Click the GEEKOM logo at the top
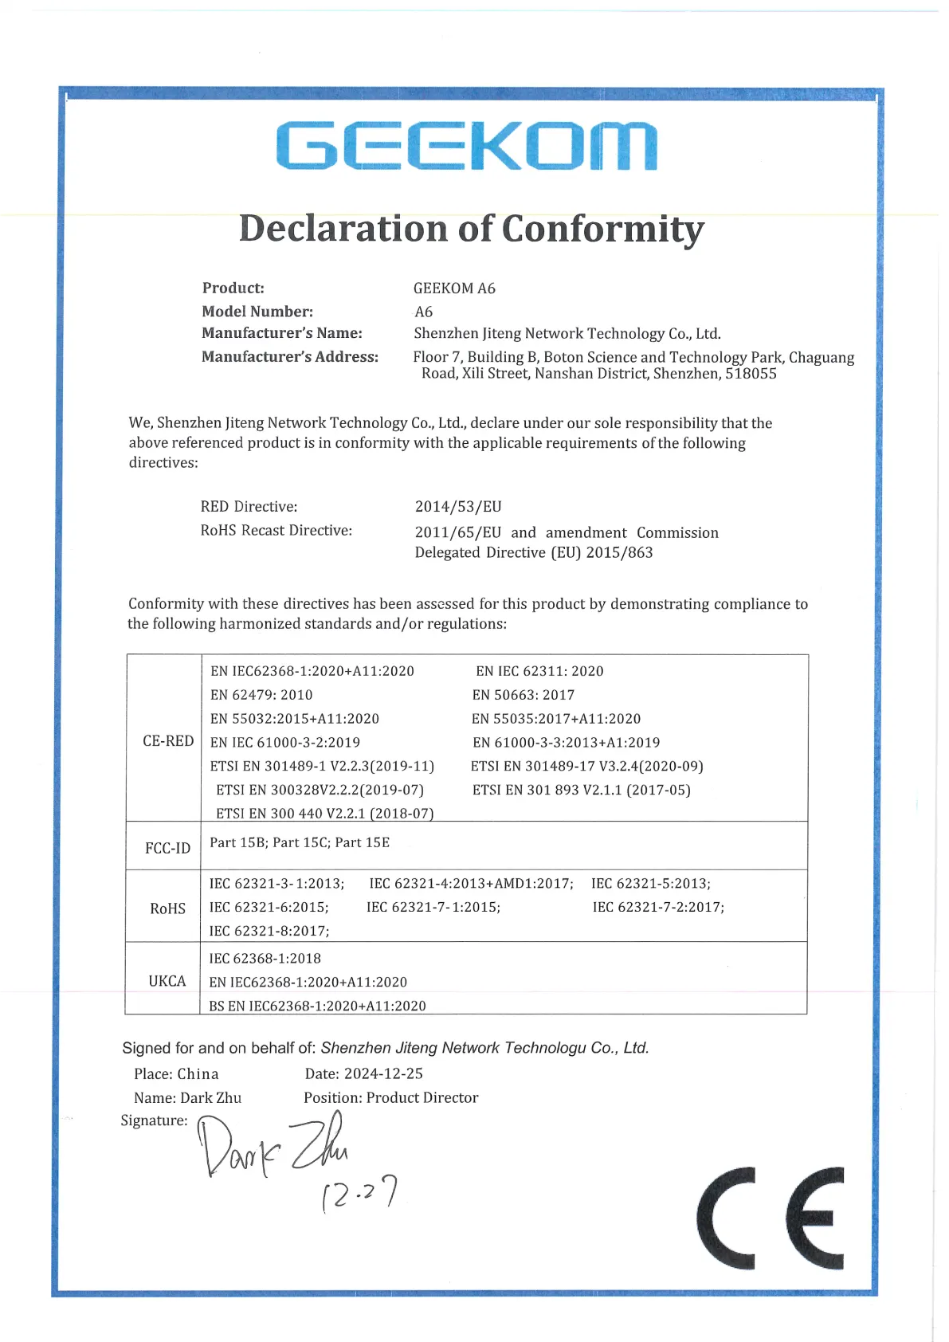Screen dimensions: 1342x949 [x=467, y=146]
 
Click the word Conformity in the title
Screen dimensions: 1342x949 [x=602, y=230]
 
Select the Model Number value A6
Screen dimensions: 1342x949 [x=424, y=312]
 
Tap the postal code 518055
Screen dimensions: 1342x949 [x=751, y=374]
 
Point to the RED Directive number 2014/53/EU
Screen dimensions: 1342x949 [x=458, y=507]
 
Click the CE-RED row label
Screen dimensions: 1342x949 [x=168, y=741]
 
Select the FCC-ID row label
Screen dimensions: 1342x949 [x=167, y=848]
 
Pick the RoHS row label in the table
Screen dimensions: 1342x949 [x=167, y=908]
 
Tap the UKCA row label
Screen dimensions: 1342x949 [x=167, y=981]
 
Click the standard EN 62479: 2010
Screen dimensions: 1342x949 [x=261, y=695]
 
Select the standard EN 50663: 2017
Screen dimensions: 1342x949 [x=523, y=695]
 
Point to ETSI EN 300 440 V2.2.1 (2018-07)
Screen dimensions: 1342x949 [x=325, y=814]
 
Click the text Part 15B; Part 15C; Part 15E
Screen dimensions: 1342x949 [x=300, y=842]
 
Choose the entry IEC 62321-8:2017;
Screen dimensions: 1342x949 [x=269, y=931]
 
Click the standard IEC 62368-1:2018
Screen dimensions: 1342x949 [x=265, y=959]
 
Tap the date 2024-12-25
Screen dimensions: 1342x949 [x=383, y=1073]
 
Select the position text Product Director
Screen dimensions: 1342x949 [x=422, y=1097]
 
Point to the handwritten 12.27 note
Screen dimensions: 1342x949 [x=359, y=1194]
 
